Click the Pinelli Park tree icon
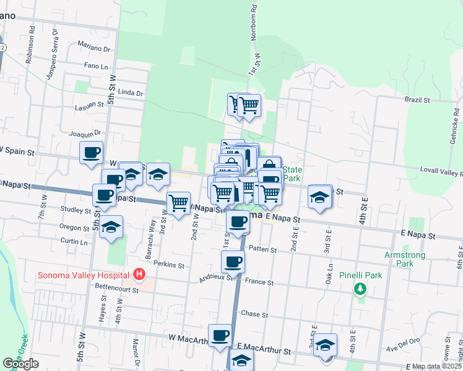point(360,288)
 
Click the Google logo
point(20,364)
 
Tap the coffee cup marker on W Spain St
point(92,152)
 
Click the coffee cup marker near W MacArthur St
point(220,336)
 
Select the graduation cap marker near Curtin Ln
point(111,227)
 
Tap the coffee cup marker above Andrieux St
point(233,262)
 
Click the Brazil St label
point(417,100)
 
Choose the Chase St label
point(254,314)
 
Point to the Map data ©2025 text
point(436,367)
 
